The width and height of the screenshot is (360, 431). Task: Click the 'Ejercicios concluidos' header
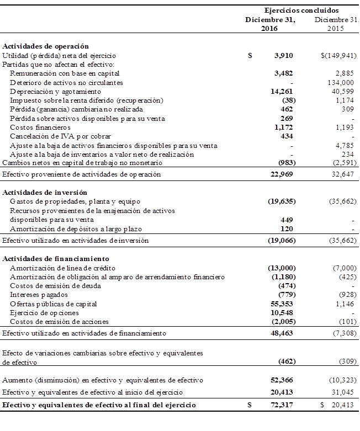[301, 10]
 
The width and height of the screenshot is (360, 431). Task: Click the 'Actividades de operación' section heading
[46, 46]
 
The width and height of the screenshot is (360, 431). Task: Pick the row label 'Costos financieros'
[38, 127]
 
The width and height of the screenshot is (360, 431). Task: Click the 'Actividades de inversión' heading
[45, 193]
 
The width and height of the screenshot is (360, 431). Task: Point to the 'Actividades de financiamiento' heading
[56, 258]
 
